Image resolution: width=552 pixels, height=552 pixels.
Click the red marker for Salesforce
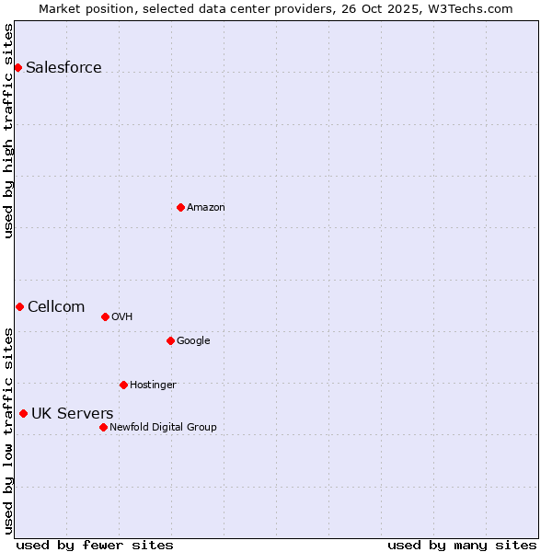[17, 67]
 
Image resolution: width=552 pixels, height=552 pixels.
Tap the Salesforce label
[63, 67]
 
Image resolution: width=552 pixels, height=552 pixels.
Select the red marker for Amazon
[180, 207]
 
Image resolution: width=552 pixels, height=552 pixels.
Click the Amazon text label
[206, 208]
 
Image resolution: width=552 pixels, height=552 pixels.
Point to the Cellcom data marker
[19, 306]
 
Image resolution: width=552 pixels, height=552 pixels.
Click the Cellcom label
[56, 306]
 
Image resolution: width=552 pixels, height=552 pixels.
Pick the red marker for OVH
[105, 316]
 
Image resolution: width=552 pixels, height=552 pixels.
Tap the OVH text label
[122, 317]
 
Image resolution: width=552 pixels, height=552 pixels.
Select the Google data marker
[170, 340]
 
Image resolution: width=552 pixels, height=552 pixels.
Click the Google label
[193, 341]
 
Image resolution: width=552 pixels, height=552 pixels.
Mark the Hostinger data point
[123, 385]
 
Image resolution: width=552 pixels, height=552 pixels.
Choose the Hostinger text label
[153, 385]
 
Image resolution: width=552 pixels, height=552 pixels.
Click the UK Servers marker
[23, 413]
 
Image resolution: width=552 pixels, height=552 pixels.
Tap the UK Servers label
[73, 413]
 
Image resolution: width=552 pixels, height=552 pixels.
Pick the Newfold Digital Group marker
[103, 427]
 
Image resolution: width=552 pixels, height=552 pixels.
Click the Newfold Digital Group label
[163, 427]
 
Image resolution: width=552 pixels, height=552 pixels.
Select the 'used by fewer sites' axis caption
[95, 545]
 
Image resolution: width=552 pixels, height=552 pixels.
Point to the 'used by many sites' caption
[462, 545]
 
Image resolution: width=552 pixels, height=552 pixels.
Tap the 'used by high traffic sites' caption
[8, 131]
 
